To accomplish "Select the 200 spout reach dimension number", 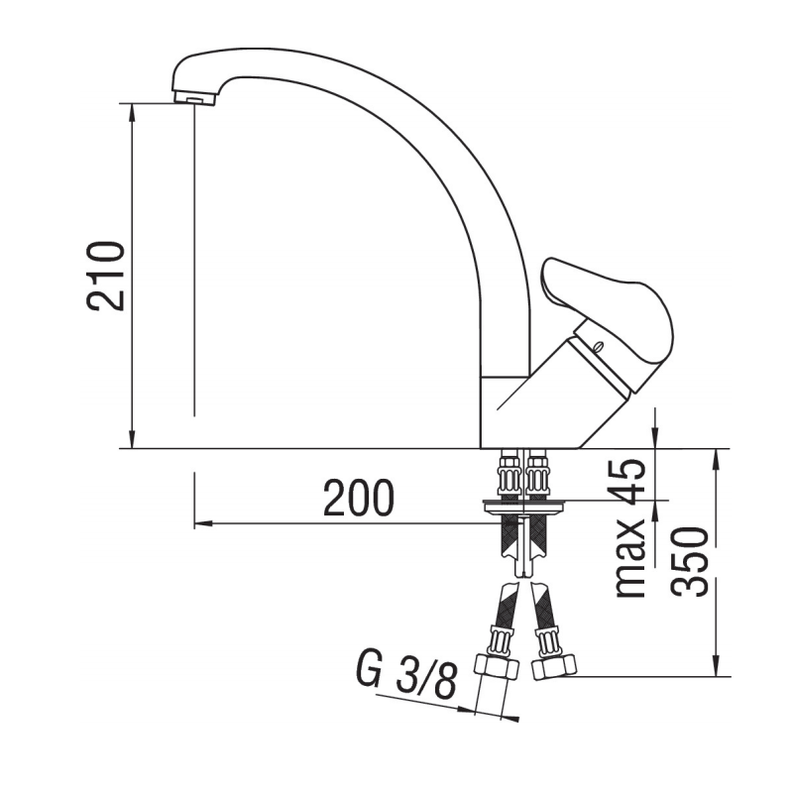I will point(359,499).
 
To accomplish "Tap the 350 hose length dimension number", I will point(690,561).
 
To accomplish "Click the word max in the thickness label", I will point(630,564).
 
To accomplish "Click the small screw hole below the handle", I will point(597,347).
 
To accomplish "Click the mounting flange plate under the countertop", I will point(524,507).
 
